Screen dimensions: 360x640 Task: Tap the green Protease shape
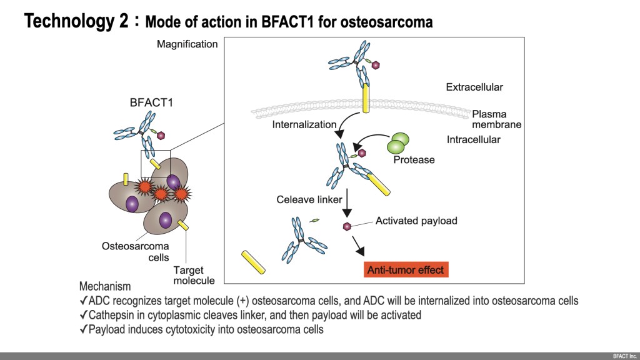(398, 144)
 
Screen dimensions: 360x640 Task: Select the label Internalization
(304, 124)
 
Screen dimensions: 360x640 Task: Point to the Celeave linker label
(309, 200)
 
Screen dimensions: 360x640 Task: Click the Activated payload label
(416, 221)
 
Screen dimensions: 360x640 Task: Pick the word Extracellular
(474, 87)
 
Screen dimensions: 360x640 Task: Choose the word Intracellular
(473, 139)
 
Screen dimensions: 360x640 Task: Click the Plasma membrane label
(496, 119)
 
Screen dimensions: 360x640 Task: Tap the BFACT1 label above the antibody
(147, 103)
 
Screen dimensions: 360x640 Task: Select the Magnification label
(187, 44)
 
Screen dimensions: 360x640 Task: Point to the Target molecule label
(194, 275)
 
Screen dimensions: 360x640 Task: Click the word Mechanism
(105, 286)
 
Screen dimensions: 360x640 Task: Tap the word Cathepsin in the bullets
(112, 315)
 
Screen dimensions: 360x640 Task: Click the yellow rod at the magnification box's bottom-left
(252, 262)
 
